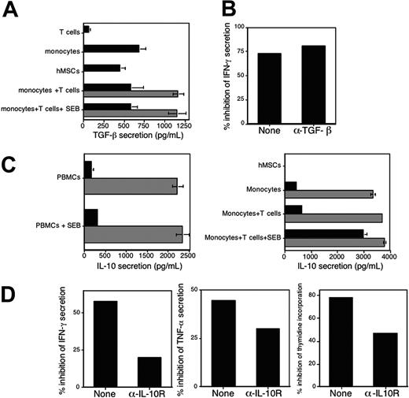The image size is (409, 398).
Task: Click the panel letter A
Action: pos(10,9)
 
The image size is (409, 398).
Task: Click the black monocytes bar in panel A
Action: pos(111,49)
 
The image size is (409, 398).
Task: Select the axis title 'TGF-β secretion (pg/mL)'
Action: pos(133,135)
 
